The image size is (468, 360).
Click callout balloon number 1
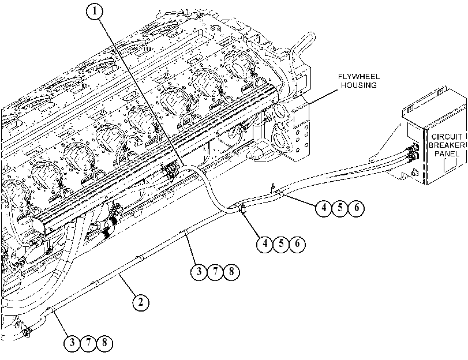click(95, 12)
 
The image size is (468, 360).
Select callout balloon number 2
click(141, 302)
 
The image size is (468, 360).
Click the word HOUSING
click(359, 85)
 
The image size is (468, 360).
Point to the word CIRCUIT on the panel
click(447, 137)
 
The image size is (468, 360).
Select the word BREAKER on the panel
click(447, 145)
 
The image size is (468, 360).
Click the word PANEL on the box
click(447, 153)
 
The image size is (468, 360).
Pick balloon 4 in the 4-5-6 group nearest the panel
click(324, 208)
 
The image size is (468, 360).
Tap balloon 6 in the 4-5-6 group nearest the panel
click(357, 208)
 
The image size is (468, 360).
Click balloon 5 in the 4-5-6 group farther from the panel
click(281, 243)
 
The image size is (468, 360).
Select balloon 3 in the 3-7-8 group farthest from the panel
click(72, 342)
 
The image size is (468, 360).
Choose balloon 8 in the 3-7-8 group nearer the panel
click(231, 272)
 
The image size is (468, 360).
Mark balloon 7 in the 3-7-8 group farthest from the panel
click(88, 342)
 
